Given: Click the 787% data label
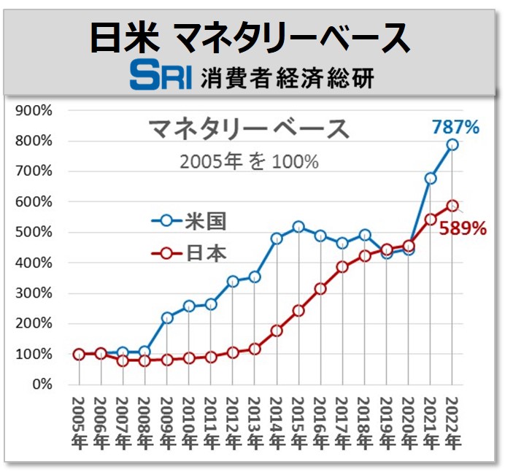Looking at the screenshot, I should [455, 128].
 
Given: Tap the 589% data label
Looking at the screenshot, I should [462, 228].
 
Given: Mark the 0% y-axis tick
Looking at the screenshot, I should [39, 384].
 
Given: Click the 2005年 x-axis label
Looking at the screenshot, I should [79, 421].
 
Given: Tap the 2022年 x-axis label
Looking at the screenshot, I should [452, 421].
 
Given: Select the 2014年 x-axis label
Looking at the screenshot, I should [277, 421].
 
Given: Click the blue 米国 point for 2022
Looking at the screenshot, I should [452, 144].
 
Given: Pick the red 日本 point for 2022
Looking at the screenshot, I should [452, 206].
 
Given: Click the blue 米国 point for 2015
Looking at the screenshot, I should [298, 227].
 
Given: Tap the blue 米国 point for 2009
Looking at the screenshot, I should [167, 317].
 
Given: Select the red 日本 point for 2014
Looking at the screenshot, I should [277, 330].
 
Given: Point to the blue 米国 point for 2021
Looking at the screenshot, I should [431, 178].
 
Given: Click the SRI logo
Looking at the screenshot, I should [161, 76].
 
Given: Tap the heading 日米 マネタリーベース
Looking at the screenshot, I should [250, 37].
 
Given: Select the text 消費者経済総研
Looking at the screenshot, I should [287, 77].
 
